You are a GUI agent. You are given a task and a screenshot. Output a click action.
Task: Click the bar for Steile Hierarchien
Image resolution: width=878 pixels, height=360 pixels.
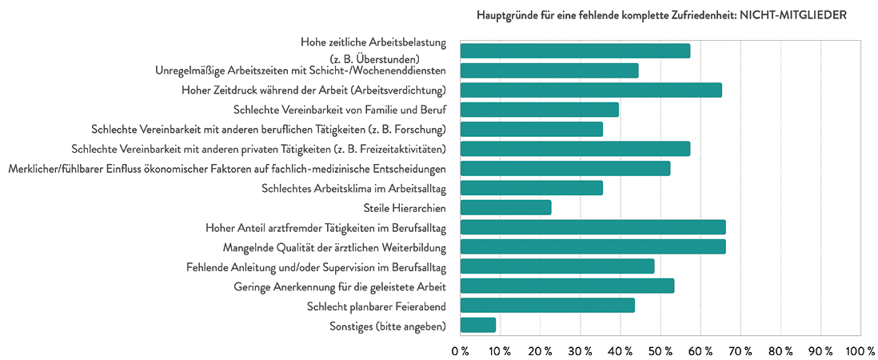click(x=505, y=207)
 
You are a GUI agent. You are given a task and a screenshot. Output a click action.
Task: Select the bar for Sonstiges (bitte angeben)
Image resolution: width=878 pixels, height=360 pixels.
click(x=478, y=325)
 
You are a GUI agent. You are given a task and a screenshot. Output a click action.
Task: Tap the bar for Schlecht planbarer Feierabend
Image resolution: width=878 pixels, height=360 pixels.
click(x=547, y=306)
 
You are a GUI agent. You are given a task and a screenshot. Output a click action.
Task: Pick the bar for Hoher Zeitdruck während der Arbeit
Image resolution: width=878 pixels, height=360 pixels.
click(x=591, y=90)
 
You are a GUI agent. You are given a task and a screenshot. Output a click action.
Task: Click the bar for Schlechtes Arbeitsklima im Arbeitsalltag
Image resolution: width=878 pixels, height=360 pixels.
click(x=531, y=188)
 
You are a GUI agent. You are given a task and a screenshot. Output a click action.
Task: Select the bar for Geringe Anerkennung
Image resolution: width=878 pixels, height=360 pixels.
click(x=567, y=286)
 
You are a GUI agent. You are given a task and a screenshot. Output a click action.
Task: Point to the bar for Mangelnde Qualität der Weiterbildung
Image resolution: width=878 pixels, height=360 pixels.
click(x=593, y=246)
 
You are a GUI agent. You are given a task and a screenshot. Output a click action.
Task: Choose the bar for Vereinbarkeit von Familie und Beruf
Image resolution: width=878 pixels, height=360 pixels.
click(x=539, y=110)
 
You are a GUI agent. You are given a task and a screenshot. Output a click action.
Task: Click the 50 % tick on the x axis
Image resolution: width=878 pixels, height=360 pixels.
click(x=660, y=351)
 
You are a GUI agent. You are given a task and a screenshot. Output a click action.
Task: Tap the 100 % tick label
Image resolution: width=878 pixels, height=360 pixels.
click(x=860, y=351)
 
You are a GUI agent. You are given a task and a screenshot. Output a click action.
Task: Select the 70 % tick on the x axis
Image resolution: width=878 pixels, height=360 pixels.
click(x=740, y=351)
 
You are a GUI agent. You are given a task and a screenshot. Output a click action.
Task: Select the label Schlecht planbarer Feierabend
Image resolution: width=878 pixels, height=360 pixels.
click(x=376, y=306)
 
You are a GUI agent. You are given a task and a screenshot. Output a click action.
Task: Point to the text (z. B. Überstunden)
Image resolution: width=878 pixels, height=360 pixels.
click(x=386, y=58)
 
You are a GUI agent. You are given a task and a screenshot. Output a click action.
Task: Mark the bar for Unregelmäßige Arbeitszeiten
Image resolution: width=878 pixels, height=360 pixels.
click(x=549, y=70)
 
